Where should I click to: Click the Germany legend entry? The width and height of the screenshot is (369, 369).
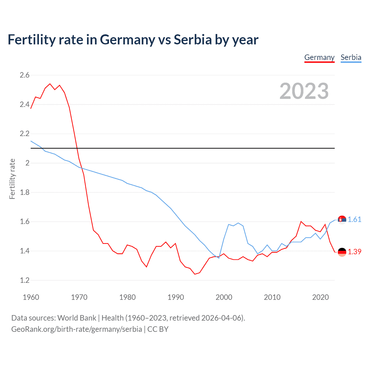point(319,57)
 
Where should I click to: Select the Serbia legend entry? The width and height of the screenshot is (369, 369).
point(351,57)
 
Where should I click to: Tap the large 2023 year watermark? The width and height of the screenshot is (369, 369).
point(304,91)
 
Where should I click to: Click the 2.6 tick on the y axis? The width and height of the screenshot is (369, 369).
point(25,75)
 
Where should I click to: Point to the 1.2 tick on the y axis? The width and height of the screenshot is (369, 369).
point(25,280)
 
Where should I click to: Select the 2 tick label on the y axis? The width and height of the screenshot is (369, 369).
point(27,163)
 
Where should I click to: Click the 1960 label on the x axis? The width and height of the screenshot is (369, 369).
point(31,297)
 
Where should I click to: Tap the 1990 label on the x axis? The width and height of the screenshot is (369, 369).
point(176,297)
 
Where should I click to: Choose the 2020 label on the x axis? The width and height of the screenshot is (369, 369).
point(320,297)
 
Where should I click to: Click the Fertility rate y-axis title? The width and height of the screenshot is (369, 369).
point(12,179)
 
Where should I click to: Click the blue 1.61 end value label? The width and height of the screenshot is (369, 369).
point(354,219)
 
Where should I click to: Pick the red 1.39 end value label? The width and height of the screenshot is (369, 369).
point(354,252)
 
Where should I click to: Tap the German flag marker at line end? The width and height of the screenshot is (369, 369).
point(342,252)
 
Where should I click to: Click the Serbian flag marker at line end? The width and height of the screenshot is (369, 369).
point(342,220)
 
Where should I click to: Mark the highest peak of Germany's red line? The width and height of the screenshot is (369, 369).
point(50,84)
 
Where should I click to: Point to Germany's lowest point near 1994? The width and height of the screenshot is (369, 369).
point(195,274)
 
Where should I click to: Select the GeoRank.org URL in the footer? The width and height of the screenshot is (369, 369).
point(76,329)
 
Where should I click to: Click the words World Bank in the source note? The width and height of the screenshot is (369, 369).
point(77,318)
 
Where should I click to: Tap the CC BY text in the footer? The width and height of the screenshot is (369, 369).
point(158,329)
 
